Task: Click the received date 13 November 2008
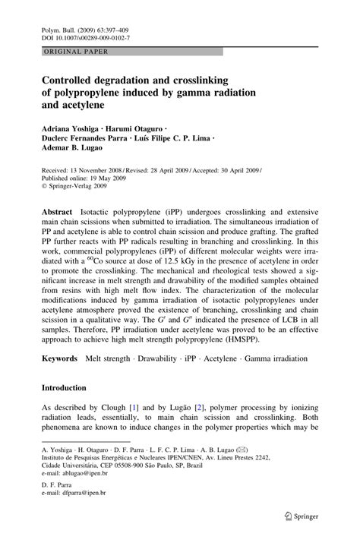106,171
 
